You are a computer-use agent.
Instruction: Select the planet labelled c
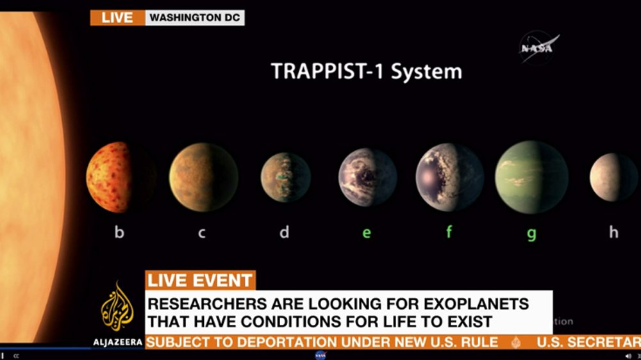tap(203, 177)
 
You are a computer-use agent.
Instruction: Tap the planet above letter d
tap(285, 177)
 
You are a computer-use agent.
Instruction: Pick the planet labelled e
tap(367, 177)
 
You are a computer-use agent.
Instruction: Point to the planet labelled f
tap(449, 177)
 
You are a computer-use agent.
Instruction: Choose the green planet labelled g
tap(531, 177)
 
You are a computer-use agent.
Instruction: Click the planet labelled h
tap(613, 177)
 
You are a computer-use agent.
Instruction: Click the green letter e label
tap(367, 233)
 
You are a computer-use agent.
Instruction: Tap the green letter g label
tap(531, 234)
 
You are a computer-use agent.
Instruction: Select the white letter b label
tap(119, 232)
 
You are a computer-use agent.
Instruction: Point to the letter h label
tap(613, 232)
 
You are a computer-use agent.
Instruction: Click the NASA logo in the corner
tap(539, 48)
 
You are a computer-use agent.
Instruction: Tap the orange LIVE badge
tap(117, 17)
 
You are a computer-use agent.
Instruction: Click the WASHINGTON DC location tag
tap(194, 17)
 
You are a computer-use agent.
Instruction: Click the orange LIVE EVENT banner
tap(200, 281)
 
